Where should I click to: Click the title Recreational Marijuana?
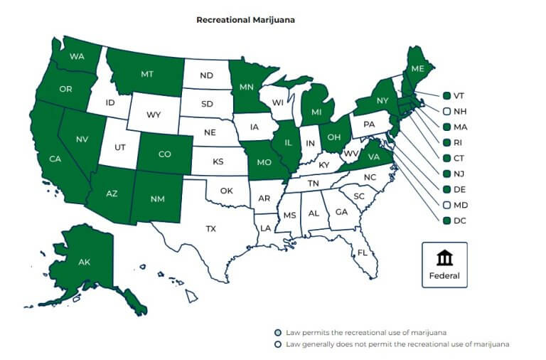[245, 20]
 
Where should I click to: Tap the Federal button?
[444, 265]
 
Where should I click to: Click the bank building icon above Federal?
[444, 257]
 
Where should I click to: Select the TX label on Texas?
[211, 229]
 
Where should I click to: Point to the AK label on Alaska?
[84, 263]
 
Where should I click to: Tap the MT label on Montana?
[148, 74]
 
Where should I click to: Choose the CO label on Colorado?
[165, 154]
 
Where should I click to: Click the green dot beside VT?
[446, 96]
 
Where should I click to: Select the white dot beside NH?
[446, 112]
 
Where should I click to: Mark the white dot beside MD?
[446, 205]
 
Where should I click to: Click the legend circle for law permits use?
[279, 332]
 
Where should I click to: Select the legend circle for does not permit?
[279, 344]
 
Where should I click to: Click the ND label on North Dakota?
[206, 75]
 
